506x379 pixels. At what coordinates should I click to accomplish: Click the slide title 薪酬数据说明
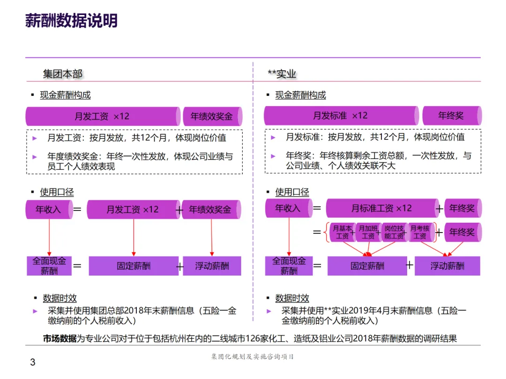click(x=71, y=22)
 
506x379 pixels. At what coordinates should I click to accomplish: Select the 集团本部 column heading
click(x=62, y=74)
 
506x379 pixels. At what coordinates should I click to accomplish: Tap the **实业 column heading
click(x=282, y=74)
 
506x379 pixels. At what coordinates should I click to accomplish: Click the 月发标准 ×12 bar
click(x=341, y=116)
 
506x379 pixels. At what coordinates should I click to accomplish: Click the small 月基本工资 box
click(x=342, y=232)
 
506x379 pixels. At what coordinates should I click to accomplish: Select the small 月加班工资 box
click(x=368, y=232)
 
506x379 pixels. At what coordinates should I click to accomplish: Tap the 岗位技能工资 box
click(x=394, y=232)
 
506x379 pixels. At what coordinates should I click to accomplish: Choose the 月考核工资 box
click(x=420, y=232)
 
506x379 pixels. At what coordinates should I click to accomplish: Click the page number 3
click(x=32, y=362)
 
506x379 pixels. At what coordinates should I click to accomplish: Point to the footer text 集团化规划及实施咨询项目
click(x=253, y=357)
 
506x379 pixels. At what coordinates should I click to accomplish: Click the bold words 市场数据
click(x=60, y=339)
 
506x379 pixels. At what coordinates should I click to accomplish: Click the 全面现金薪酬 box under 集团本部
click(x=49, y=266)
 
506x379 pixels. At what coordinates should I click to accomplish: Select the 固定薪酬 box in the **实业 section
click(x=367, y=266)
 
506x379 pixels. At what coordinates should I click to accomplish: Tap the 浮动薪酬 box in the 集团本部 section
click(x=212, y=266)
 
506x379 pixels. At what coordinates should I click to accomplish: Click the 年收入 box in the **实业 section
click(x=287, y=208)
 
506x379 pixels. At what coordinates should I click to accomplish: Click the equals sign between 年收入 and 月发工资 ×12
click(x=77, y=210)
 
